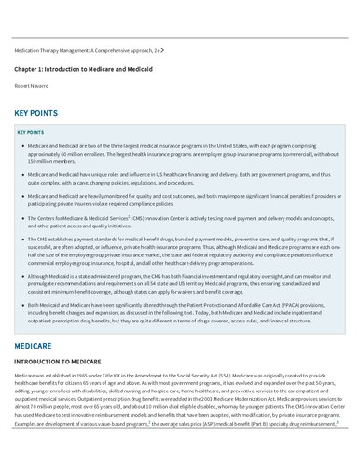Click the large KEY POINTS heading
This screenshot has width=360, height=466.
(36, 113)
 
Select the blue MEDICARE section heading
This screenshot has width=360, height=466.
(33, 344)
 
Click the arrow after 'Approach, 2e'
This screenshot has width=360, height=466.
(163, 49)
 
